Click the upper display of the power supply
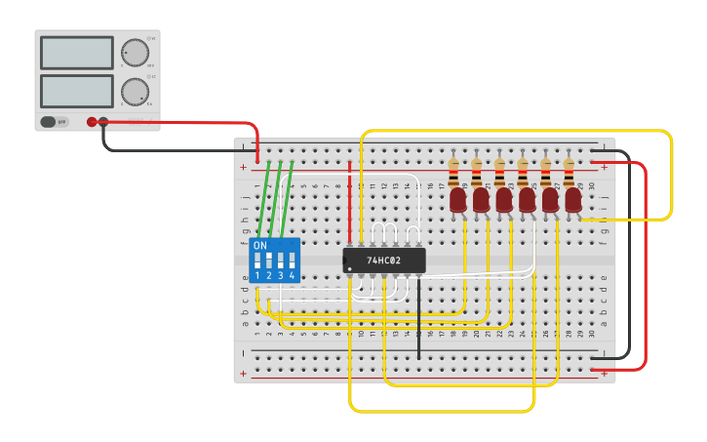tap(77, 53)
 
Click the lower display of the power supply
tap(77, 91)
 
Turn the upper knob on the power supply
tap(134, 52)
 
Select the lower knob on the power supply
tap(135, 92)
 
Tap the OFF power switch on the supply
tap(53, 122)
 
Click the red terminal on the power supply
tap(92, 122)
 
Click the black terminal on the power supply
tap(104, 122)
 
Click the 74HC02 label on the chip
tap(384, 261)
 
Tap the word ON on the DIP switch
tap(259, 246)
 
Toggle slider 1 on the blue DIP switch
tap(257, 261)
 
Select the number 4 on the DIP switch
tap(292, 276)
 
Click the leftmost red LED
tap(458, 200)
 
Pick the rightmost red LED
tap(573, 200)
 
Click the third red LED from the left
tap(504, 200)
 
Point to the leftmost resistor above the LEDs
tap(453, 173)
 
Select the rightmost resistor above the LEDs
tap(570, 173)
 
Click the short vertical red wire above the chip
tap(349, 200)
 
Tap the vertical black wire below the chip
tap(419, 317)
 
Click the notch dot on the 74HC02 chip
tap(349, 269)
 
